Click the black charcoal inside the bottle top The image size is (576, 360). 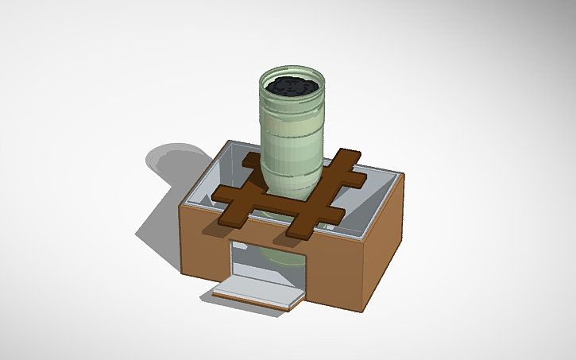click(292, 87)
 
